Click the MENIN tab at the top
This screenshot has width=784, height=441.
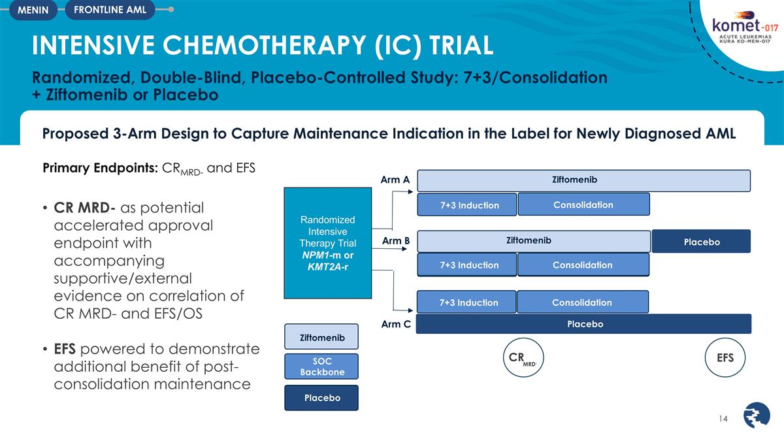31,10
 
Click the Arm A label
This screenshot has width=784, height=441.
395,180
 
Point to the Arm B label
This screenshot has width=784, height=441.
395,241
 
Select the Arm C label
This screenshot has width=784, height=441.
395,324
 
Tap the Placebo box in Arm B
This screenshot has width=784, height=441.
702,242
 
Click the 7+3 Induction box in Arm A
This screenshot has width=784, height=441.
467,205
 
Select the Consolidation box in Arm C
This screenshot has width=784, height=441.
582,302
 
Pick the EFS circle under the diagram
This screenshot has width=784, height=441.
725,357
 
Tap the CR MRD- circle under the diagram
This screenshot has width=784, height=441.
523,357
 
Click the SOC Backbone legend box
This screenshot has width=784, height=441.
321,367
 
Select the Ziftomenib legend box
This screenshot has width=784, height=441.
321,338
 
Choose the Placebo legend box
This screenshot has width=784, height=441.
321,398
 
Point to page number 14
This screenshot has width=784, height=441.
723,417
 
